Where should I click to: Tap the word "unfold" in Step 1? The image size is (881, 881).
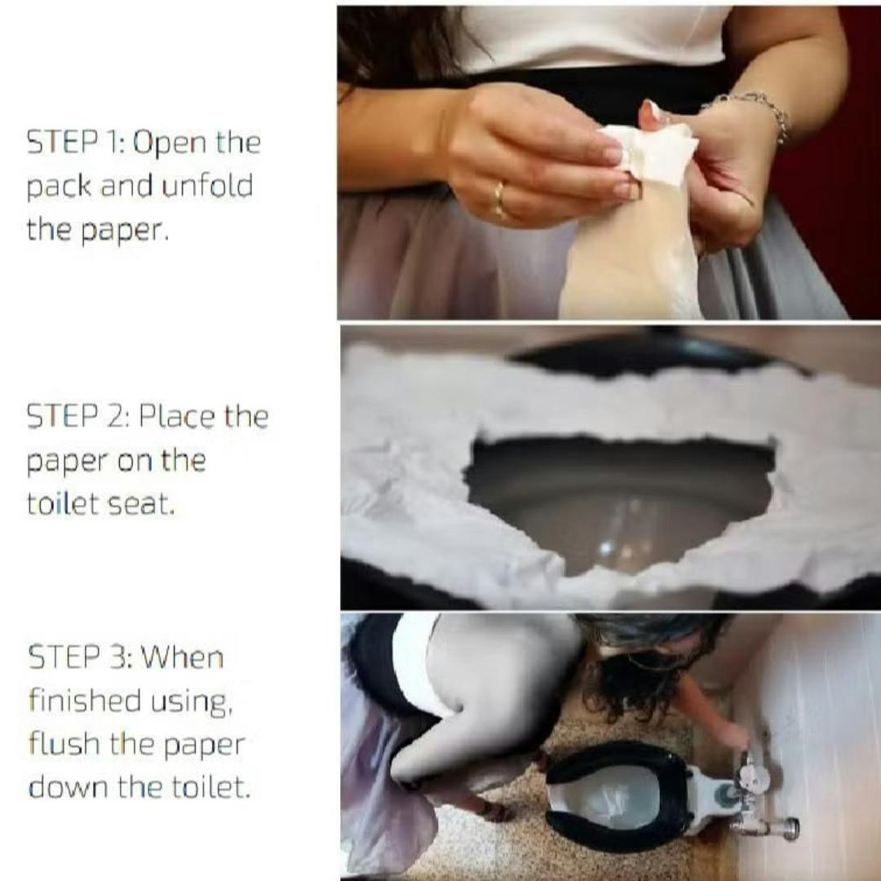[x=207, y=185]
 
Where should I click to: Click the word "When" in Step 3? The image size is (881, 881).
[x=182, y=657]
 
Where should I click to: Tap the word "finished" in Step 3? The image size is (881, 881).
[x=85, y=700]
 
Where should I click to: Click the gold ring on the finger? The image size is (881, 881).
[x=499, y=199]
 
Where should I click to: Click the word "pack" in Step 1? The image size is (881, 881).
[x=59, y=187]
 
